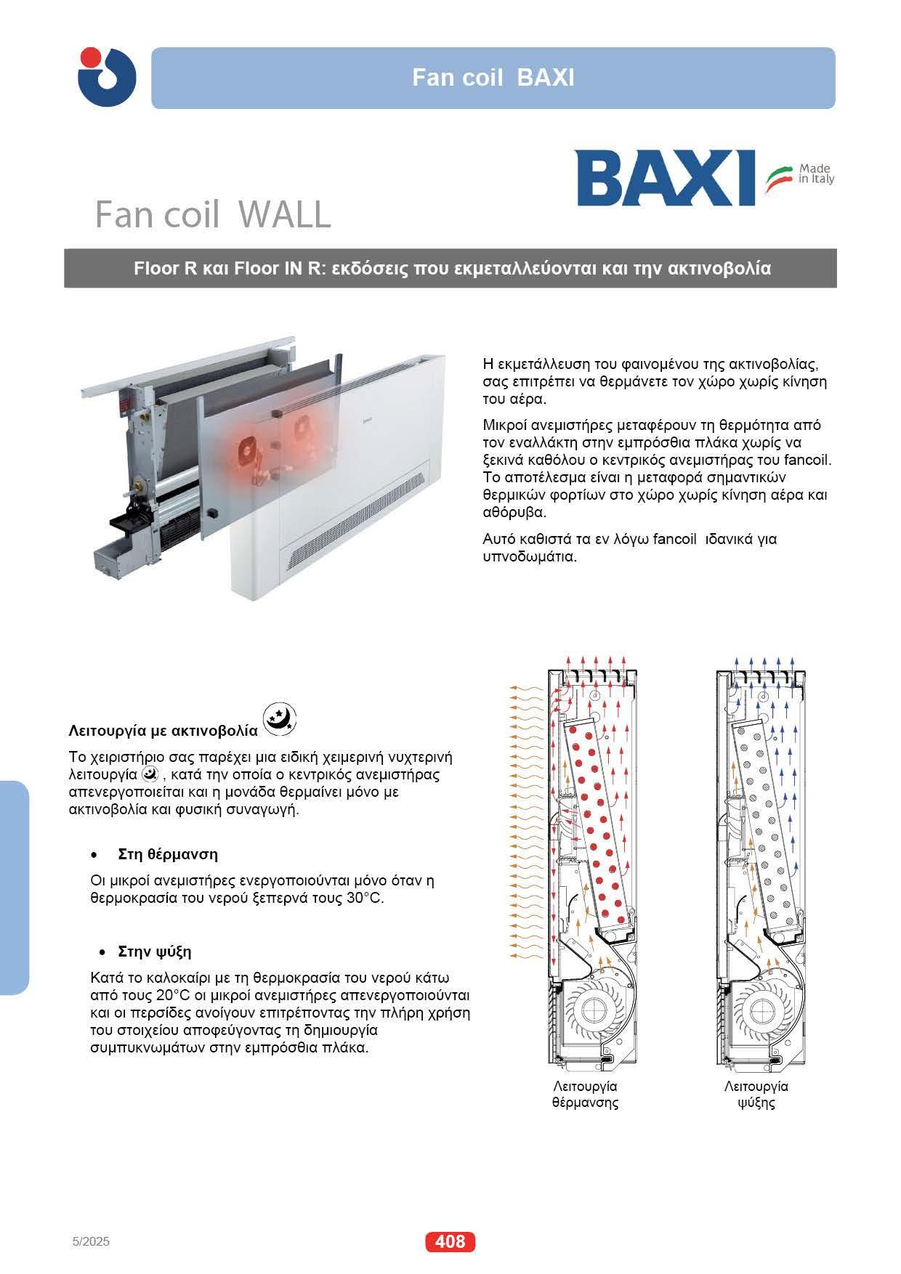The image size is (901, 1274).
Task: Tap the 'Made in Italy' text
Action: tap(816, 174)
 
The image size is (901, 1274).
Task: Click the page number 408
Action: tap(450, 1241)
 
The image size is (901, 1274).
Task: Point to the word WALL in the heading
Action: tap(285, 214)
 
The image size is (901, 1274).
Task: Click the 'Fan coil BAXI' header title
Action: tap(493, 78)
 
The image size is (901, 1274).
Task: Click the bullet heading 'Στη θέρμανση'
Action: tap(168, 853)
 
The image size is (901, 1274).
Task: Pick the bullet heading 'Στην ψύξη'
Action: tap(155, 952)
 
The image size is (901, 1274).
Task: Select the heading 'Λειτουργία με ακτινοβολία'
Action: tap(163, 729)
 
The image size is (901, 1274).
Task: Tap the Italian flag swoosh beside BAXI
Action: tap(780, 177)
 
